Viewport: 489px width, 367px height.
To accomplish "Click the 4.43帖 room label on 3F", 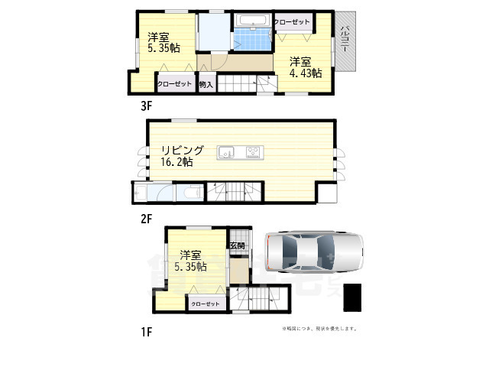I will pos(305,67).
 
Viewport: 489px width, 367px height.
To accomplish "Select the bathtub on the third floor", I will pos(251,21).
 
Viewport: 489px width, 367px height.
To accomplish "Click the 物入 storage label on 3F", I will pos(205,85).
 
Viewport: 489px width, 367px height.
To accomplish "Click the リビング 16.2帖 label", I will pos(181,156).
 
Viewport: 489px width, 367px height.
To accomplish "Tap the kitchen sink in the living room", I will pos(228,154).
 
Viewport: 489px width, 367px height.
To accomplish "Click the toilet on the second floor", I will pos(191,193).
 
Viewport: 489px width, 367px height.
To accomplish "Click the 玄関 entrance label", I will pos(237,246).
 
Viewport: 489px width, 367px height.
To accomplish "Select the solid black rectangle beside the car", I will pos(352,297).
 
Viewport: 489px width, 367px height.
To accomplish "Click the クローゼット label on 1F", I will pos(205,304).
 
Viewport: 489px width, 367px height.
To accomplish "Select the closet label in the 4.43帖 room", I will pos(291,22).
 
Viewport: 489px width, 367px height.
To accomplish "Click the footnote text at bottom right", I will pos(319,329).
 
